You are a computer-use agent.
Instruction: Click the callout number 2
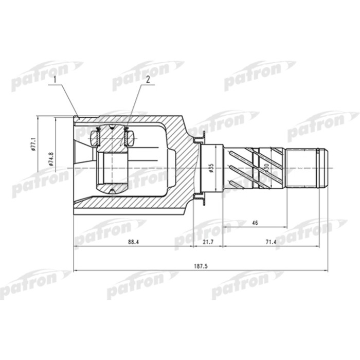pos(147,80)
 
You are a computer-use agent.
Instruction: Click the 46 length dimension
pos(255,222)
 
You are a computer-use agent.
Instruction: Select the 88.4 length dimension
pos(133,242)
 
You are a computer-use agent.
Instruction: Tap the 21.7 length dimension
pos(208,242)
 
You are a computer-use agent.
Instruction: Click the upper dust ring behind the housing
pos(199,138)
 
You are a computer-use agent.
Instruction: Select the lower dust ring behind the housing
pos(199,197)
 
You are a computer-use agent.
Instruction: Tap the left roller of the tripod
pos(95,138)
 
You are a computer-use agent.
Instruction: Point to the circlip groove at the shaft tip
pos(321,168)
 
